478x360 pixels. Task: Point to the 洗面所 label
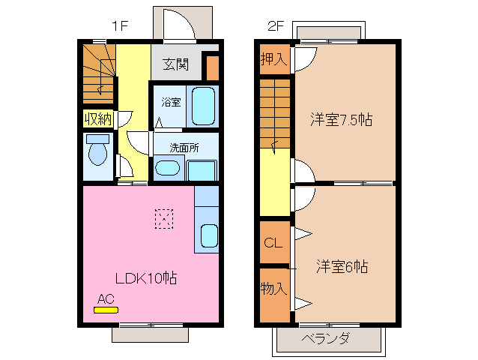coord(184,148)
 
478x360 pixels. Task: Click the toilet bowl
coord(97,154)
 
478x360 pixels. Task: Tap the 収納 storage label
coord(97,118)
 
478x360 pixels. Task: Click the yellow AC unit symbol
coord(106,309)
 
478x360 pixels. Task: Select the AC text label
coord(106,298)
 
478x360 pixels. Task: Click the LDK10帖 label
coord(145,278)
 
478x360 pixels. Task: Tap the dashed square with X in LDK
coord(163,218)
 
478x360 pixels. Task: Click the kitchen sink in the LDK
coord(209,235)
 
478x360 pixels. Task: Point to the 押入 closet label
coord(273,59)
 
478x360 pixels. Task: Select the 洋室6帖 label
coord(342,265)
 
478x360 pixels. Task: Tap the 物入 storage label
coord(273,288)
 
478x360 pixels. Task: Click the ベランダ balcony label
coord(326,338)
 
